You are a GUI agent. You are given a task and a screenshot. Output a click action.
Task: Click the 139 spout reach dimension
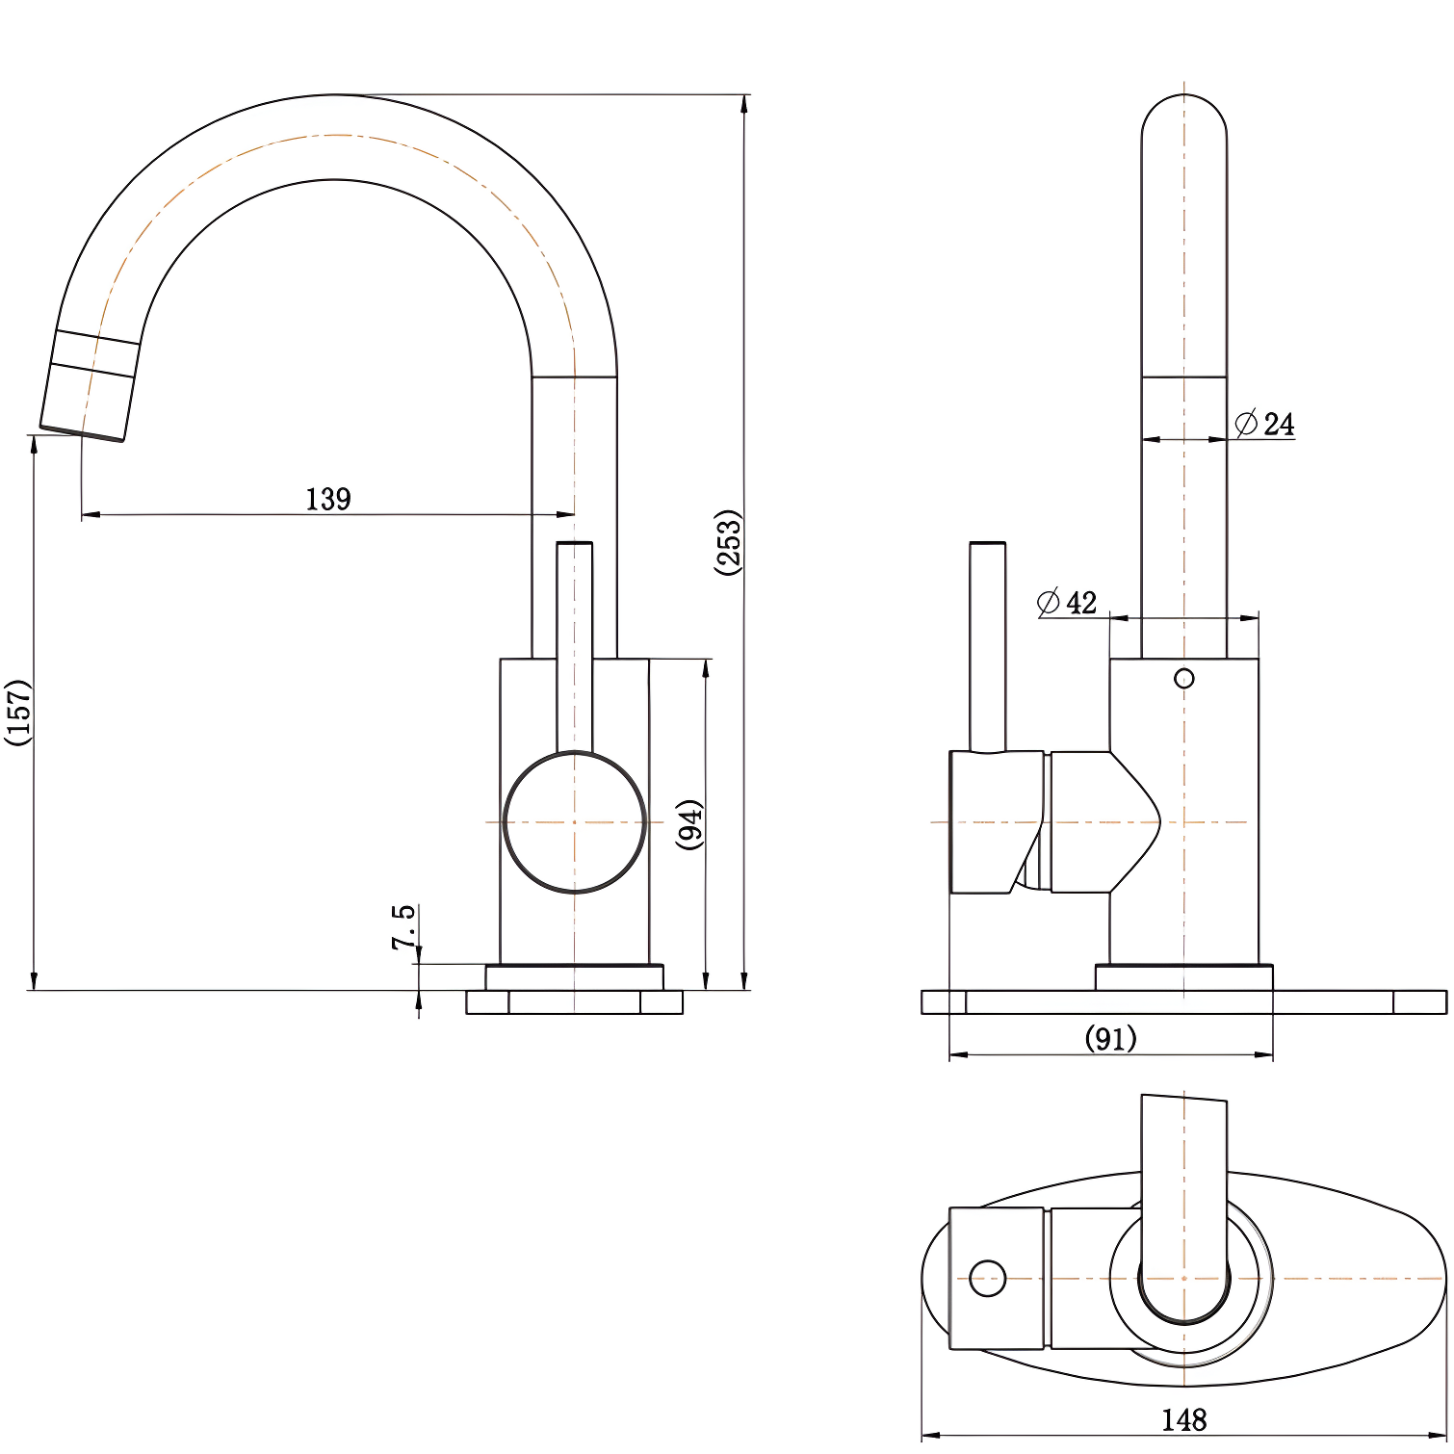[x=328, y=499]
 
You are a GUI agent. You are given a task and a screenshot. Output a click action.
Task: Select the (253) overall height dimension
[x=729, y=542]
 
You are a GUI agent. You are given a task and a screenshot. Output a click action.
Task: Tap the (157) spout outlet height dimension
[x=18, y=712]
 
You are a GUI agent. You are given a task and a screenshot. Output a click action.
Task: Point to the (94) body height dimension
[x=689, y=823]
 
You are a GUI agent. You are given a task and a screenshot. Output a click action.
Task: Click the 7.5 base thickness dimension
[x=403, y=926]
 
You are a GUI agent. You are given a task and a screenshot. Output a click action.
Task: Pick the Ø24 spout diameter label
[x=1265, y=424]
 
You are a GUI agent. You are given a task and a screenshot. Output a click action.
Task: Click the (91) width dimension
[x=1110, y=1038]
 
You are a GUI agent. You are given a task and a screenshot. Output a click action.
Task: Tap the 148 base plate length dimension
[x=1183, y=1419]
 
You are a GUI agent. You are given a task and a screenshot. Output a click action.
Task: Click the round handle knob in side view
[x=575, y=822]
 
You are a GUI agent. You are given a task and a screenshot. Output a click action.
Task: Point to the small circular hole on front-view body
[x=1184, y=679]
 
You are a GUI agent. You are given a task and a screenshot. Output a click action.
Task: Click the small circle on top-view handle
[x=987, y=1279]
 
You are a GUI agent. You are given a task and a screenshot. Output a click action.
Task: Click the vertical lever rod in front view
[x=988, y=645]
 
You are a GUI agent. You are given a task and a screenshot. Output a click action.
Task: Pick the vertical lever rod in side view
[x=575, y=645]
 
